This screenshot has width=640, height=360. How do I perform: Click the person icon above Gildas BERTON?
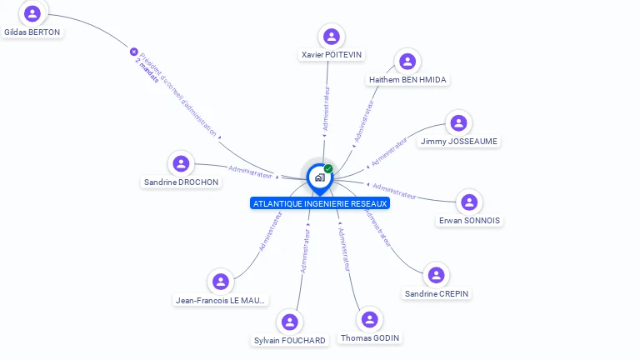32,13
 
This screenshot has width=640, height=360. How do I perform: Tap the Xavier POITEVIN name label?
332,55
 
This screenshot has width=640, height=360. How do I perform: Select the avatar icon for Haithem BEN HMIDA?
407,61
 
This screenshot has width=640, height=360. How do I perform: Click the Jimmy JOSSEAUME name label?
459,142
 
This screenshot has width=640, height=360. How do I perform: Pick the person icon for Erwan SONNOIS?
469,202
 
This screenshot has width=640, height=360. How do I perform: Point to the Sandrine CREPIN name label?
437,294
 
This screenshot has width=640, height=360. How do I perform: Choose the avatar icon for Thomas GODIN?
369,319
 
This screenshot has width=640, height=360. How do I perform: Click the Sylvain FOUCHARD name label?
290,340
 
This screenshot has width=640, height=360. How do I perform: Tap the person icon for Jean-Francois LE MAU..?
221,282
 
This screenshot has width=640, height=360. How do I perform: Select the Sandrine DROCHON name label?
182,182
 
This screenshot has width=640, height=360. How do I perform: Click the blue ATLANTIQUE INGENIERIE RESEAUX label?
319,203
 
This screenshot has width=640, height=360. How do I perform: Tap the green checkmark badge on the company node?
328,169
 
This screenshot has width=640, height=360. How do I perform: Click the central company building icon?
319,177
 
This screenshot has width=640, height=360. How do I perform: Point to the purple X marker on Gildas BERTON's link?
133,52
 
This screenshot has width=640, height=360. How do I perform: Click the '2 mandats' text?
145,72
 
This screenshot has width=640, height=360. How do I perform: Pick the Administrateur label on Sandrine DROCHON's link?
250,172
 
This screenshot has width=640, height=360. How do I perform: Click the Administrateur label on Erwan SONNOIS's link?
394,191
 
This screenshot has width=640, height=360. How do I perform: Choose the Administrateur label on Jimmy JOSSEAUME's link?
388,151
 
